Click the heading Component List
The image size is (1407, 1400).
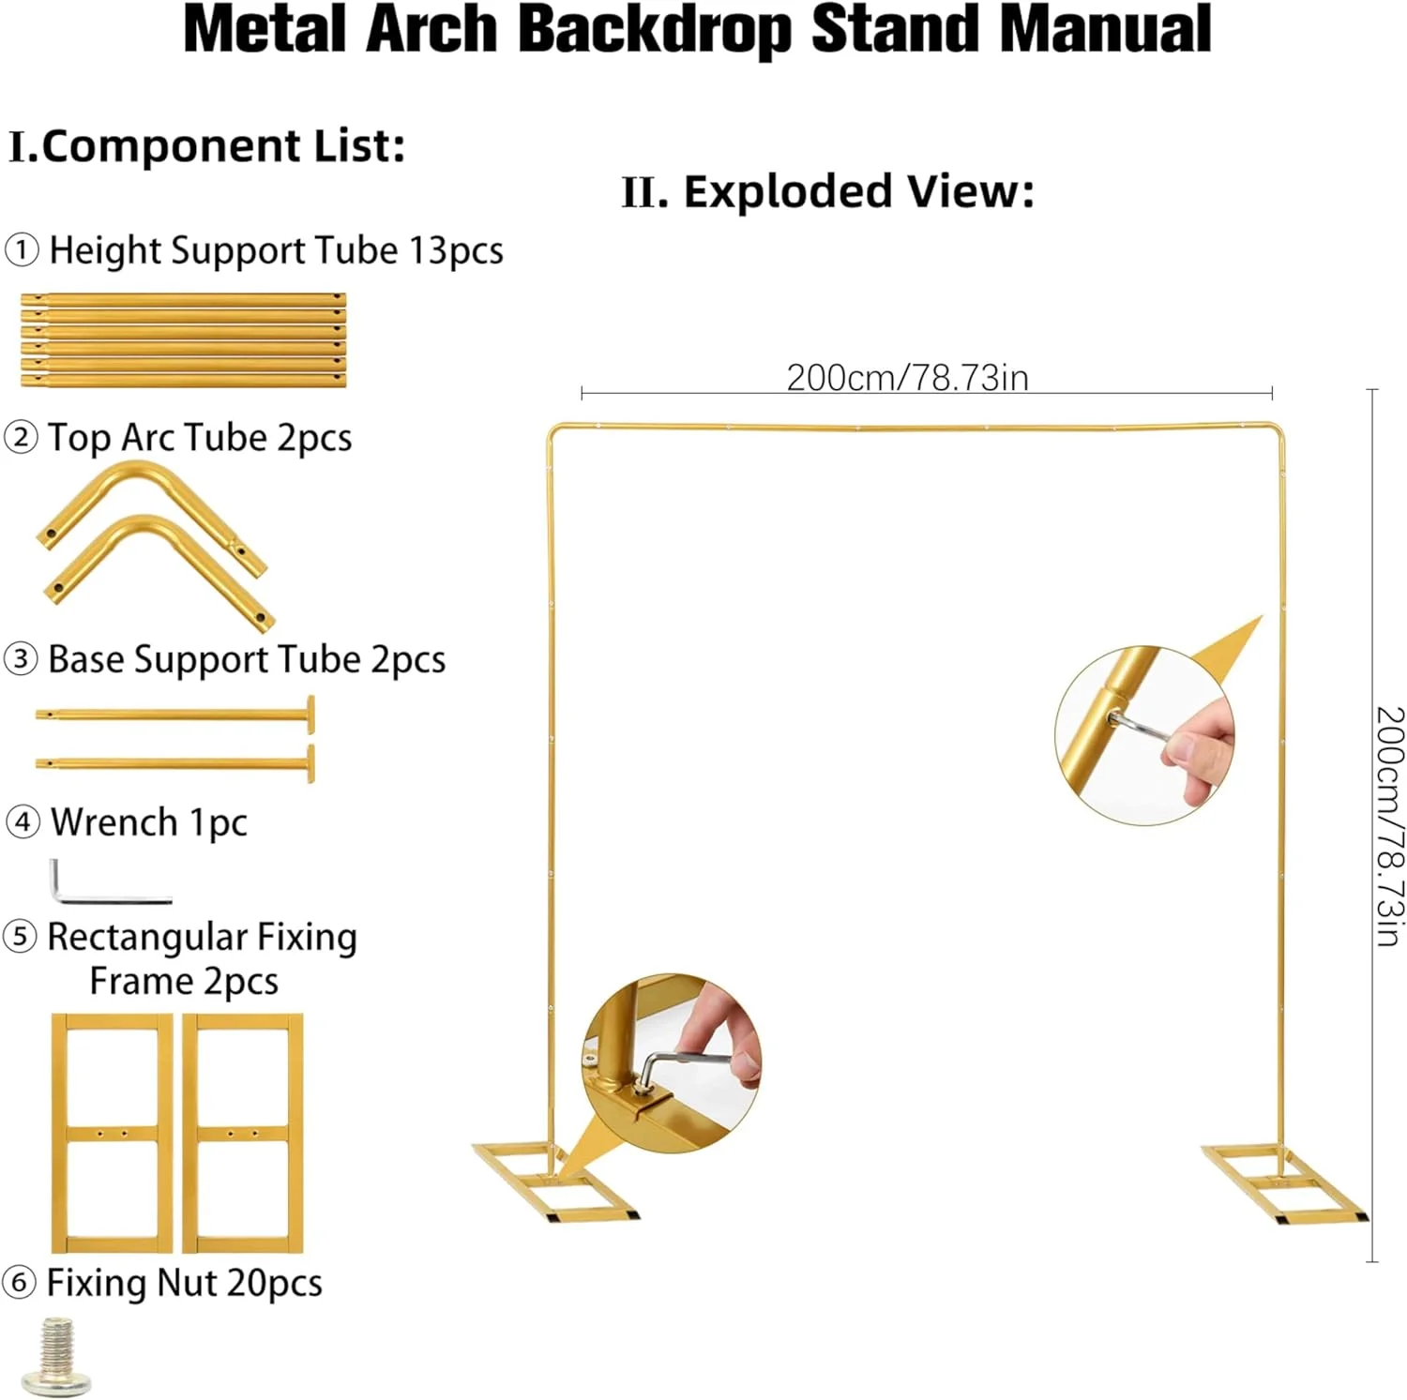207,146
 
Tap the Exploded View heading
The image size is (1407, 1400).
828,192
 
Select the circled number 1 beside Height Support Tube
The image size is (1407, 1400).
22,251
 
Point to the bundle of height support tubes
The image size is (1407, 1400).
184,340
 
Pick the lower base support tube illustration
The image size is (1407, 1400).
175,762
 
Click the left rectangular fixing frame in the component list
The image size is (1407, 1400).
113,1132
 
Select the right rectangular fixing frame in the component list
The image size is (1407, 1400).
243,1132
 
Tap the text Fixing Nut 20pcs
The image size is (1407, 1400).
184,1283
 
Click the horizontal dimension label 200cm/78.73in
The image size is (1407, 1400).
907,378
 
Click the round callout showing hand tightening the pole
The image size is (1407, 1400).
1144,734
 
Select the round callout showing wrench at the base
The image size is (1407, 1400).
672,1061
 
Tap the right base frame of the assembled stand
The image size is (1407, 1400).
1284,1182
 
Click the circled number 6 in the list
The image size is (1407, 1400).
20,1283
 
